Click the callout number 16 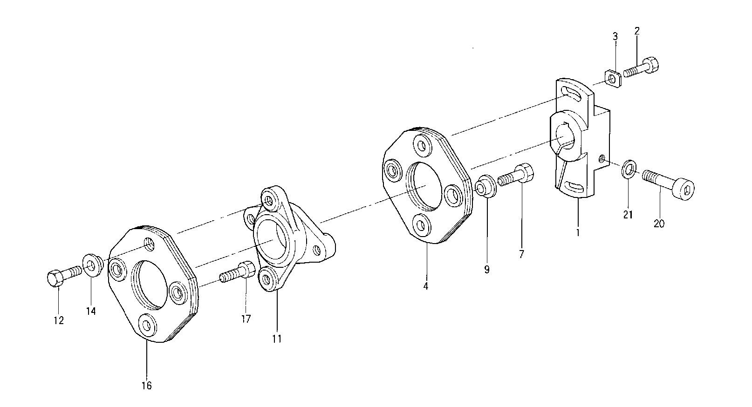pyautogui.click(x=147, y=386)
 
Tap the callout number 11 pyautogui.click(x=277, y=339)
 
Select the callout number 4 pyautogui.click(x=425, y=286)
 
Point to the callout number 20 pyautogui.click(x=659, y=224)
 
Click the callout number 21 pyautogui.click(x=628, y=215)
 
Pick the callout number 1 pyautogui.click(x=578, y=231)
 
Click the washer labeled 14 pyautogui.click(x=93, y=265)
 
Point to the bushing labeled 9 pyautogui.click(x=485, y=186)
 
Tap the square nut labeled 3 pyautogui.click(x=612, y=78)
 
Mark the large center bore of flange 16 pyautogui.click(x=150, y=285)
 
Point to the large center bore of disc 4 pyautogui.click(x=424, y=186)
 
